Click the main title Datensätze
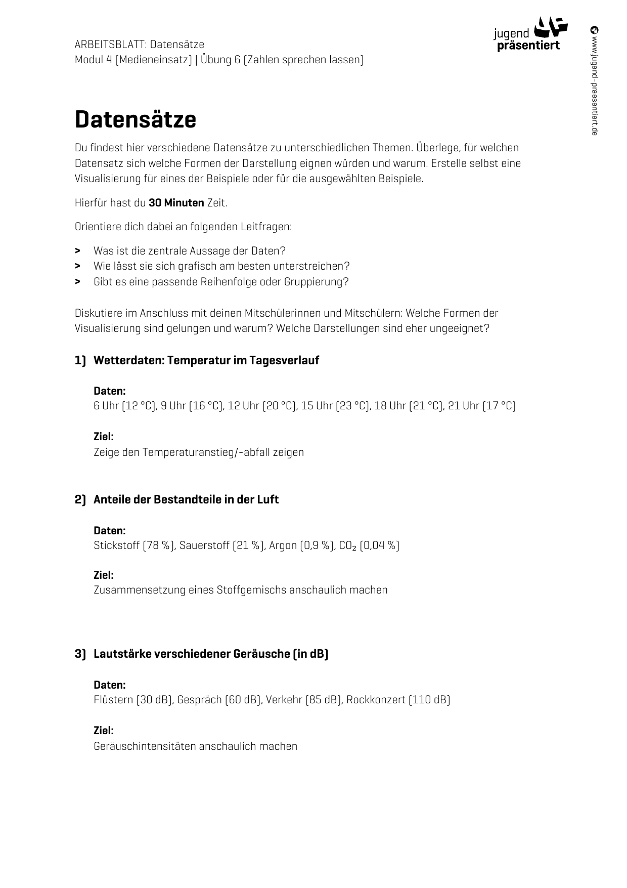click(x=136, y=120)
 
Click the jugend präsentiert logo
click(x=530, y=34)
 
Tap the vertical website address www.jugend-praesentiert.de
click(x=594, y=81)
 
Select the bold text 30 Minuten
click(x=176, y=203)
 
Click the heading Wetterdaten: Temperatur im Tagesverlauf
click(x=206, y=360)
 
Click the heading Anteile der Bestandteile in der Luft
click(x=186, y=499)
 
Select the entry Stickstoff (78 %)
click(x=134, y=545)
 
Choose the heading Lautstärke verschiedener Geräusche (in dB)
click(x=211, y=654)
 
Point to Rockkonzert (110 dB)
click(x=398, y=700)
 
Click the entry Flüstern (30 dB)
click(x=133, y=700)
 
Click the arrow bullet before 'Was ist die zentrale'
click(x=78, y=251)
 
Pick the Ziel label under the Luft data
click(x=104, y=575)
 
